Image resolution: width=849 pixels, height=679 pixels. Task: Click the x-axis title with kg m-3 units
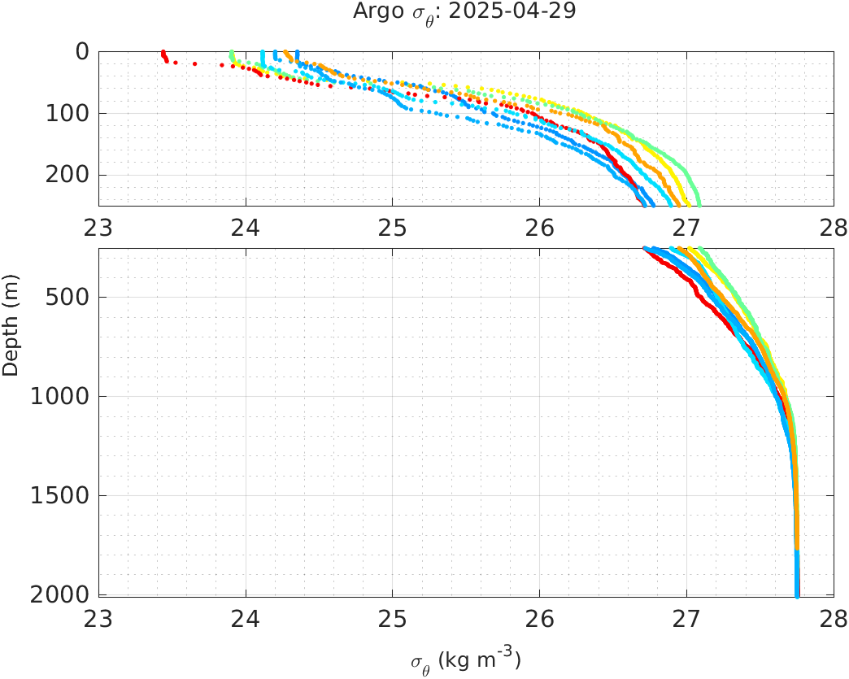click(465, 659)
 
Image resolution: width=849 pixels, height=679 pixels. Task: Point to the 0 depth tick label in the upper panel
click(82, 52)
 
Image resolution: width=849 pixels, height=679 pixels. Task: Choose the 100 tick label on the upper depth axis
click(70, 114)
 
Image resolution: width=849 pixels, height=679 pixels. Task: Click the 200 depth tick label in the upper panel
click(70, 176)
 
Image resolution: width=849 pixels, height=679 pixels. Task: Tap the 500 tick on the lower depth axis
click(70, 298)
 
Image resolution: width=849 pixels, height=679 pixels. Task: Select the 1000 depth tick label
click(64, 397)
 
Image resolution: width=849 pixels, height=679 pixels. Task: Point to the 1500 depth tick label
click(64, 496)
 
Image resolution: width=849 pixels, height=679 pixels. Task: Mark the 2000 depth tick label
click(64, 594)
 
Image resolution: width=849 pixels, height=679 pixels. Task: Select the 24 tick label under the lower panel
click(246, 616)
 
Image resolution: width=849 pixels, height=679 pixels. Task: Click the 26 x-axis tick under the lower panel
click(540, 616)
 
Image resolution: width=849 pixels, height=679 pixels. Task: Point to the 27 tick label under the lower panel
click(687, 616)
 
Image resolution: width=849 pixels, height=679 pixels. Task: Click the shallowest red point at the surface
click(163, 52)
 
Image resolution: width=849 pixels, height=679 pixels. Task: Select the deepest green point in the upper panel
click(699, 204)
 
